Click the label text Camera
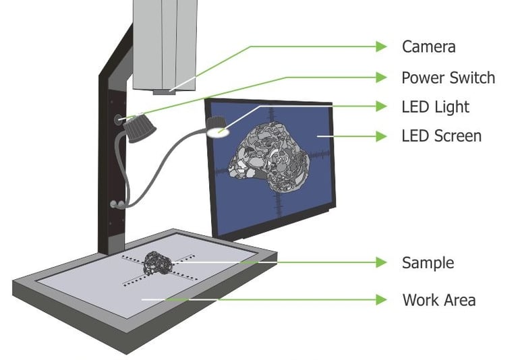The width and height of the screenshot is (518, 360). (428, 47)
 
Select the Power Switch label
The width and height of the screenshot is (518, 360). (448, 78)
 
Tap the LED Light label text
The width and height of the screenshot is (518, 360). (435, 107)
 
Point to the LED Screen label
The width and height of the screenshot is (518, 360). (441, 136)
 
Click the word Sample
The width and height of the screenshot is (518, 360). (428, 262)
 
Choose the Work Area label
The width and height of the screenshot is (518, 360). (438, 299)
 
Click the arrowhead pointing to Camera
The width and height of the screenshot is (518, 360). (382, 47)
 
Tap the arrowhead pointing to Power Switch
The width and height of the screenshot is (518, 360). (382, 78)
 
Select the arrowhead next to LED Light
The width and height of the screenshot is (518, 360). (382, 107)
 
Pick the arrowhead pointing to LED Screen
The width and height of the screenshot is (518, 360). (382, 136)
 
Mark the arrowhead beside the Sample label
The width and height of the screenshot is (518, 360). (382, 262)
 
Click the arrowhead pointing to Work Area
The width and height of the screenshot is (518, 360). (382, 299)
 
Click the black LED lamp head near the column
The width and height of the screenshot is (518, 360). (141, 129)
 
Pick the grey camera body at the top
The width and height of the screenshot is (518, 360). (164, 40)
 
